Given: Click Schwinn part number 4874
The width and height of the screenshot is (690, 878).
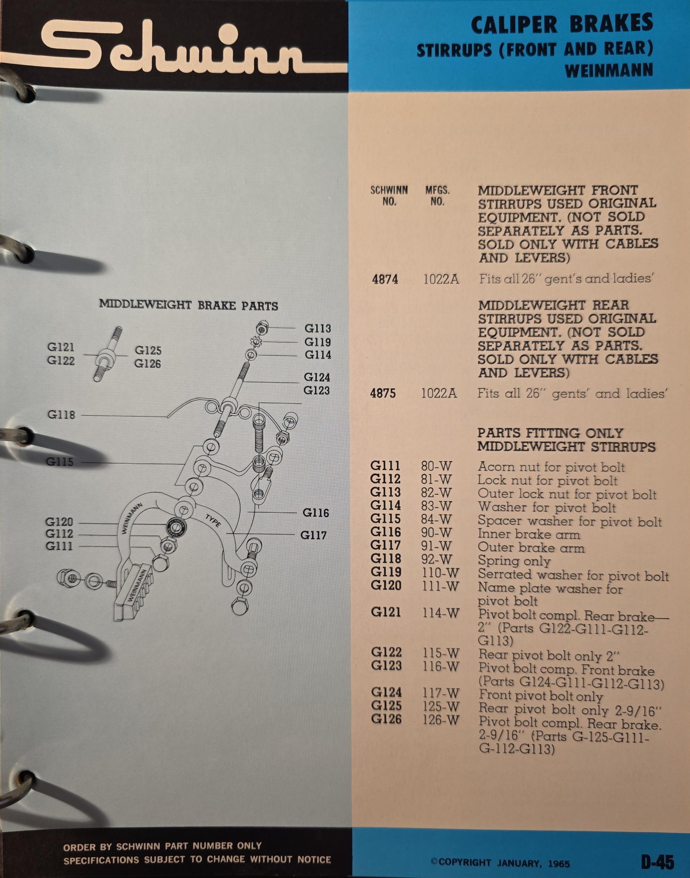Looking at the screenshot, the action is pos(385,280).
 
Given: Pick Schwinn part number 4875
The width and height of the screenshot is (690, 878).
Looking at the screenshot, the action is pos(383,393).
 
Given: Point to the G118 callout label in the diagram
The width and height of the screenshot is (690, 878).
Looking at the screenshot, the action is pos(61,414).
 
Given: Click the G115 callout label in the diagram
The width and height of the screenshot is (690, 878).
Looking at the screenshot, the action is pos(60,462).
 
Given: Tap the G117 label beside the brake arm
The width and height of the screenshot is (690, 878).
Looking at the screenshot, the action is pos(313,536).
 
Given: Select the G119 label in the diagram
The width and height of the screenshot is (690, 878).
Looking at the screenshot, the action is pos(317,342).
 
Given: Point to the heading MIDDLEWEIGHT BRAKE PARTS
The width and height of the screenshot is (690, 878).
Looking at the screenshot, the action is pos(189,305).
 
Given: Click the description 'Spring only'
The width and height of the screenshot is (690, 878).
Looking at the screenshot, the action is pos(514,561).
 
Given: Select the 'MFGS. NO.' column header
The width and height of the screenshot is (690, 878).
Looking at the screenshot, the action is pos(437,196).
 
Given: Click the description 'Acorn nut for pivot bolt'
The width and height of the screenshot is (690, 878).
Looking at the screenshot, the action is pos(551,467).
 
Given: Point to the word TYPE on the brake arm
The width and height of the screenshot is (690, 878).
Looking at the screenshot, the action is pos(213,521).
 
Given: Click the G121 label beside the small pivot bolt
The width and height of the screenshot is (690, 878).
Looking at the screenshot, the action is pos(61,347).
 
